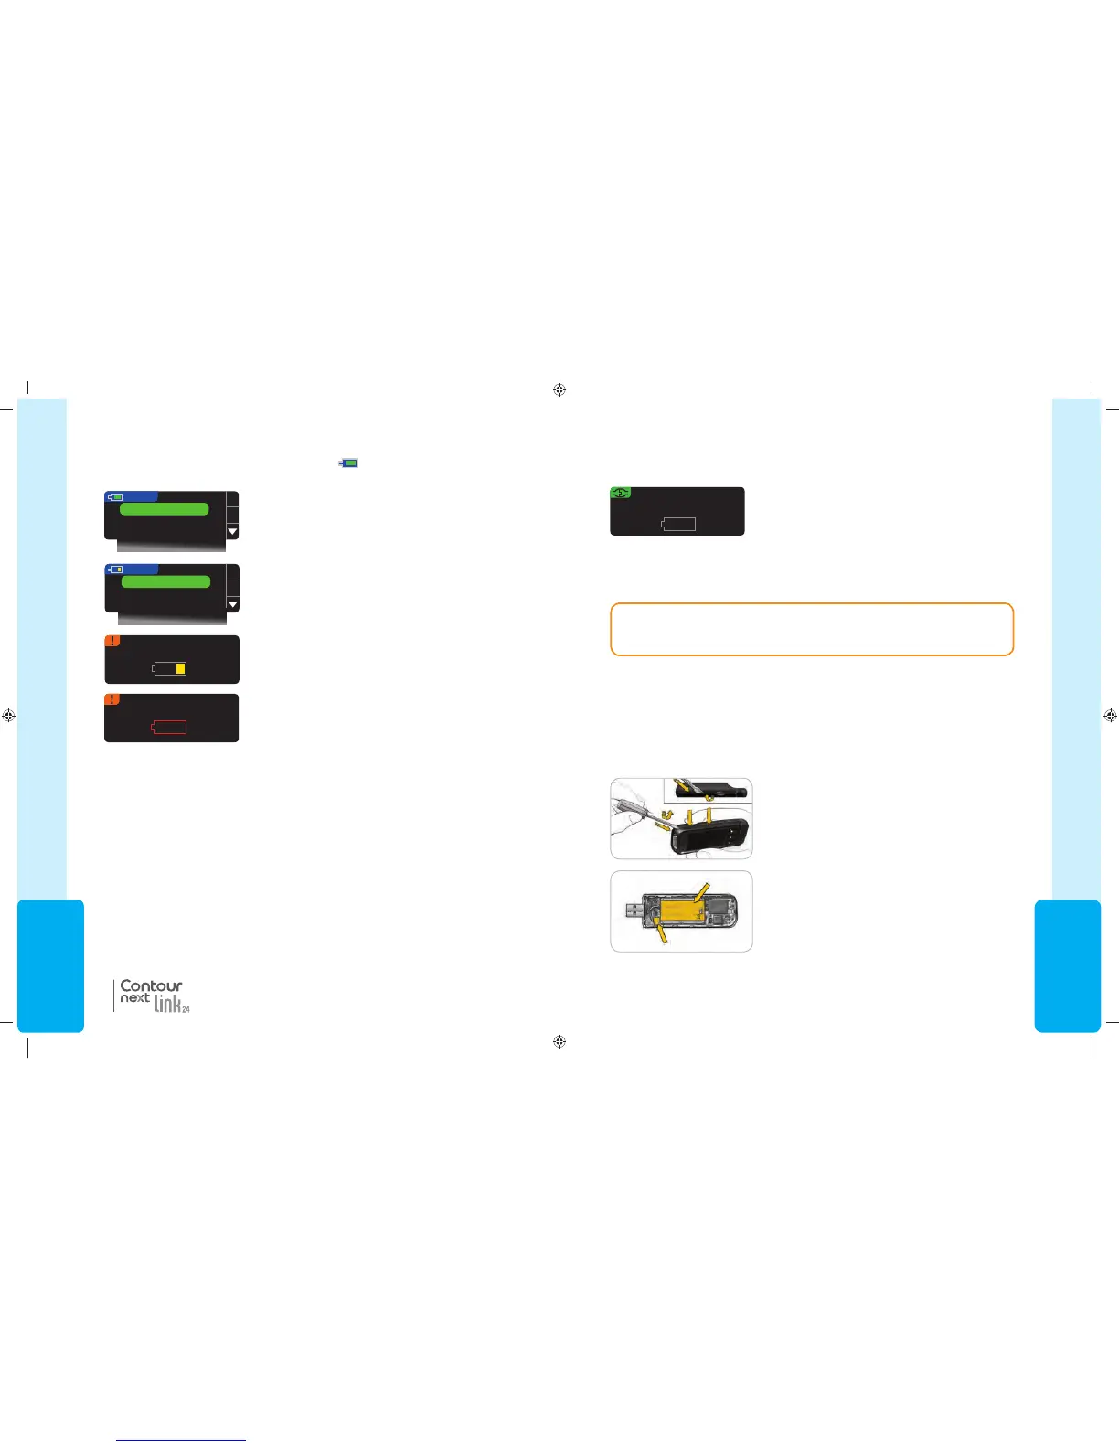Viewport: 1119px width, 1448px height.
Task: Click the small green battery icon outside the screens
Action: [348, 463]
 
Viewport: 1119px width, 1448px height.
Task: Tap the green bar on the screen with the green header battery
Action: [165, 509]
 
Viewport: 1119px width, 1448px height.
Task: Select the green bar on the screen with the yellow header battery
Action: [165, 581]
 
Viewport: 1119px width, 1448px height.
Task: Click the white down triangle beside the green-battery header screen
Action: [232, 531]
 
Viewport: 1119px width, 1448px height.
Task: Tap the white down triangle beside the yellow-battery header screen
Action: [232, 604]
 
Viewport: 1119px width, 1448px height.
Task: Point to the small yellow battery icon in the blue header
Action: [115, 570]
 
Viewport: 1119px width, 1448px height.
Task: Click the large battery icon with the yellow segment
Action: [170, 668]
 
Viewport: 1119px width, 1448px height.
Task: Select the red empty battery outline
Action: [169, 727]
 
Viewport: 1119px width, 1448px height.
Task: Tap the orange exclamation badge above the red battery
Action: [112, 699]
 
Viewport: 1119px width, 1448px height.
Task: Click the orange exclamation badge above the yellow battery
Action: [112, 641]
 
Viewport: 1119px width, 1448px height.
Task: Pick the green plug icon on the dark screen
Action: [620, 493]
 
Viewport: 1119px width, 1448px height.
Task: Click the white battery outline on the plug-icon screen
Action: [678, 524]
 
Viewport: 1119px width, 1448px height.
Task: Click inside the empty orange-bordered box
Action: [812, 629]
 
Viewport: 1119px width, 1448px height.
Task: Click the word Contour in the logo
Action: [151, 985]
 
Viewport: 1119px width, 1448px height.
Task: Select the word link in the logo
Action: [166, 1004]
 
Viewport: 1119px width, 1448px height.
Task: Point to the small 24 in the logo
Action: [186, 1009]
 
